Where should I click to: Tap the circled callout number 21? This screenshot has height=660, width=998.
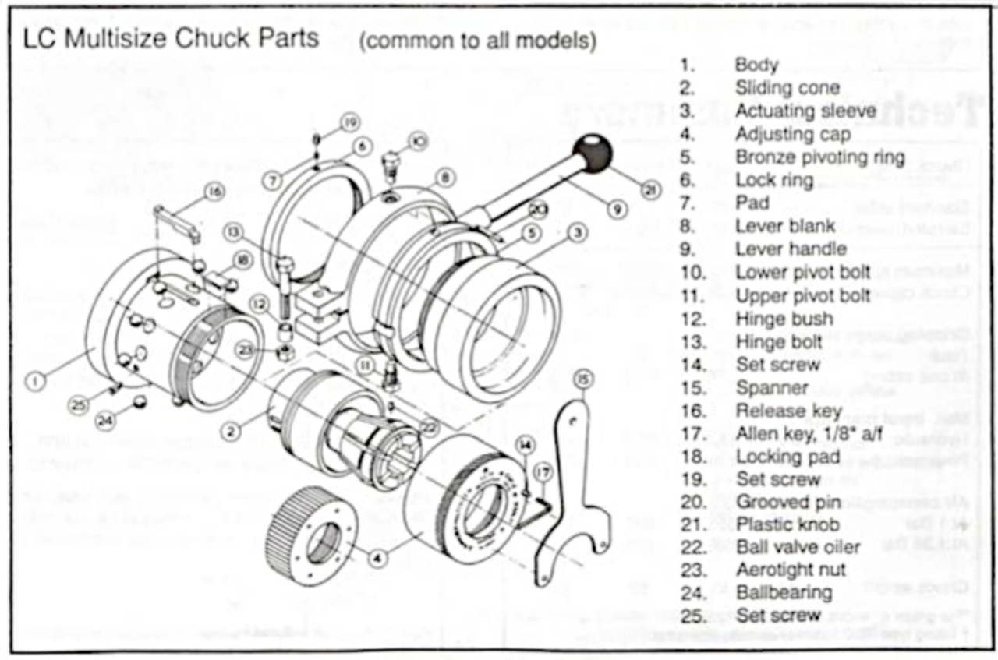[649, 189]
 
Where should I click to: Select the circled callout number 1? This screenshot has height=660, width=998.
[37, 381]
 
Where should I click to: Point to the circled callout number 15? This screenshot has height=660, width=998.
[584, 379]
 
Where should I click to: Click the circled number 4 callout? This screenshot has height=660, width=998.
[378, 558]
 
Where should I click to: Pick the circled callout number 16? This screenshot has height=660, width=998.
[214, 191]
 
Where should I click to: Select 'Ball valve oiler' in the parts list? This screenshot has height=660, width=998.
[798, 547]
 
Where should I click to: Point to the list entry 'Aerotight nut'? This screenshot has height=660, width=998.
[791, 570]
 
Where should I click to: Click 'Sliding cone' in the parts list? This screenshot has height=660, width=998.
[787, 88]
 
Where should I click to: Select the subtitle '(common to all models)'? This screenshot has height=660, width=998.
[478, 41]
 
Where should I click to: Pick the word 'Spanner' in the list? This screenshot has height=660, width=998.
[772, 387]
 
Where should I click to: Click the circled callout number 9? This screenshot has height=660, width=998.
[615, 210]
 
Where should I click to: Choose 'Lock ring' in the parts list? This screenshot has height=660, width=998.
[774, 180]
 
